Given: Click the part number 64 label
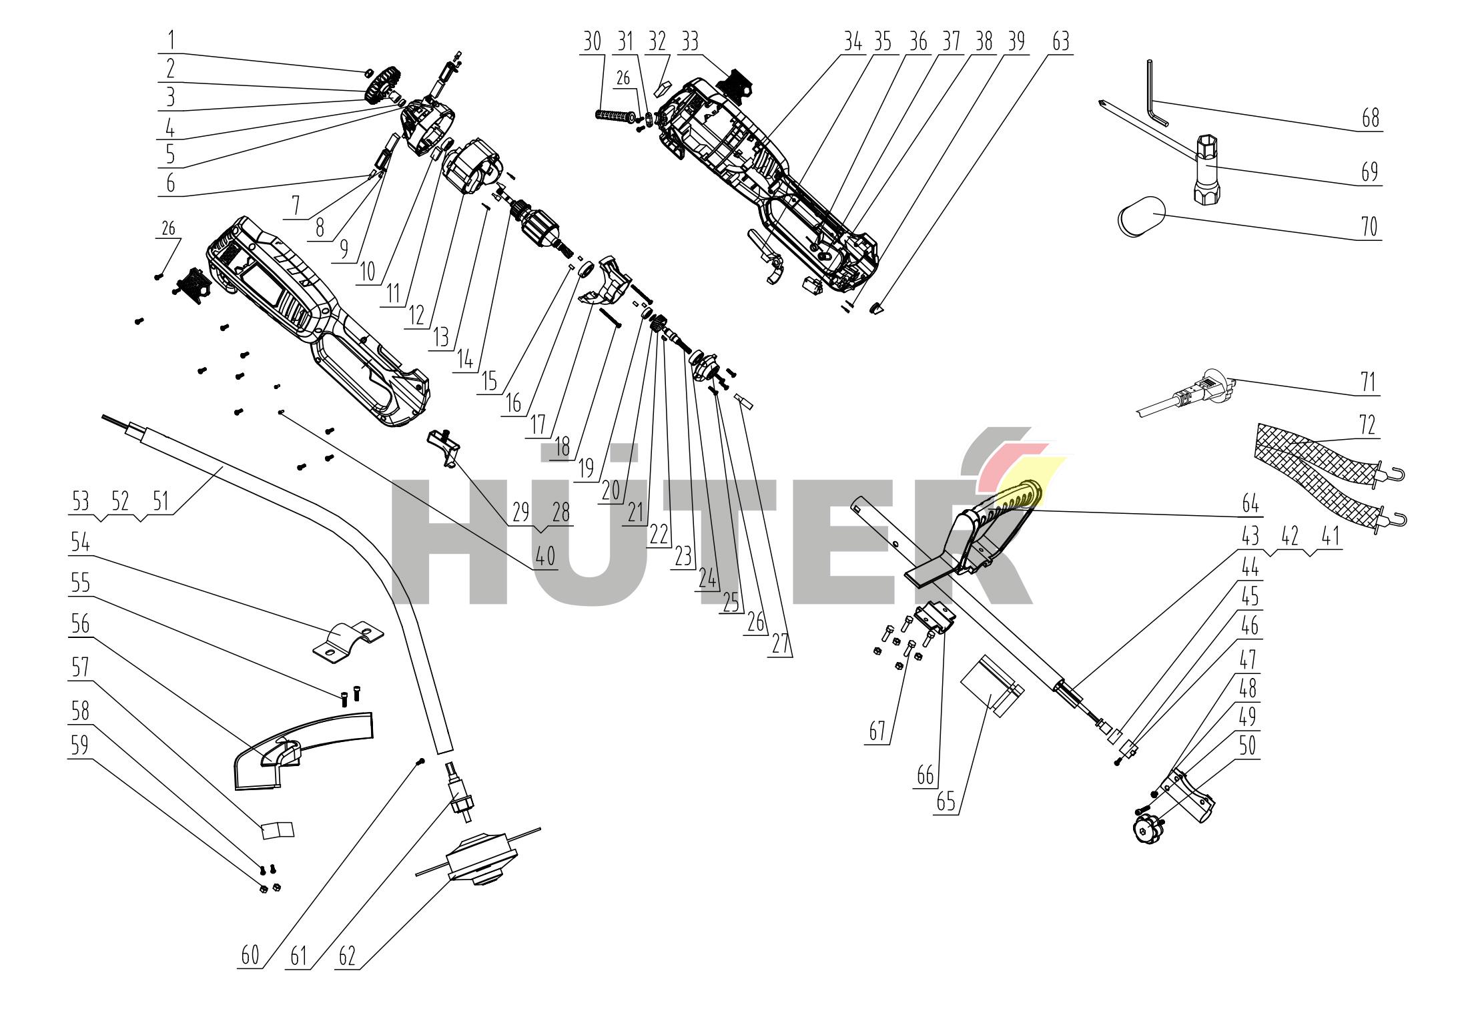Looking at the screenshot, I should (1250, 504).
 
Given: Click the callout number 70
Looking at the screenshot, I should (1369, 228).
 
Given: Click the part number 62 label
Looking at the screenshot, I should (347, 956).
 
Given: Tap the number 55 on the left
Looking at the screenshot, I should (80, 583).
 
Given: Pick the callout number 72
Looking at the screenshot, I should (1368, 425).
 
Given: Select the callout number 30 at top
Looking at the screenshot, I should (592, 41).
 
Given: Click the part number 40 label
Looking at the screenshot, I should (545, 557).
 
